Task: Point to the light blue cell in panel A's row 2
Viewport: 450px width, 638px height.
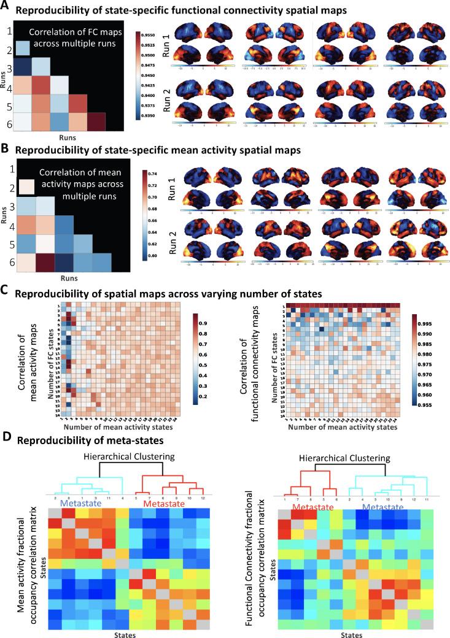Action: tap(23, 48)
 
